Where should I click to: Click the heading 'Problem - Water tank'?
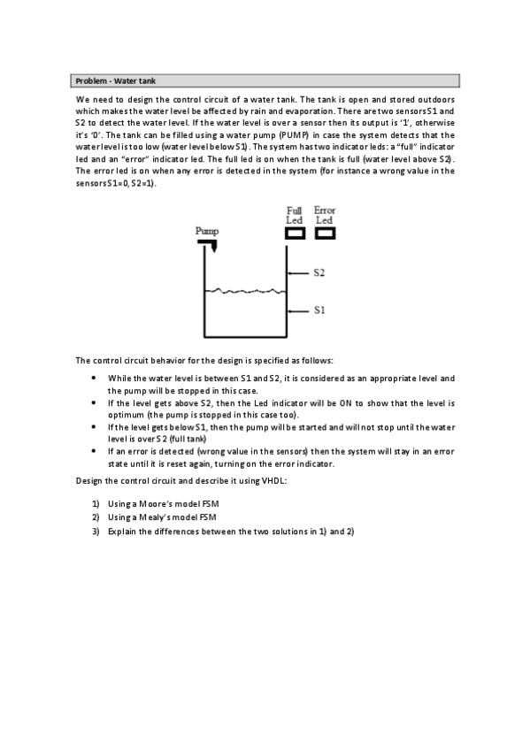(115, 81)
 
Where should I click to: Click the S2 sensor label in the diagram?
(319, 272)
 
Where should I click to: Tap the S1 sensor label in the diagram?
(319, 310)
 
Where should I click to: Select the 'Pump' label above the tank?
(207, 230)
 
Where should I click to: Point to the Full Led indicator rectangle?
(295, 233)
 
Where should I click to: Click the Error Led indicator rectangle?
(325, 233)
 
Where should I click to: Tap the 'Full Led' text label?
(295, 215)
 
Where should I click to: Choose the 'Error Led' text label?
(325, 215)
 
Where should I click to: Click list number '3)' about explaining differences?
(95, 532)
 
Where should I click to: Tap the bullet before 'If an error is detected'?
(95, 450)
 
